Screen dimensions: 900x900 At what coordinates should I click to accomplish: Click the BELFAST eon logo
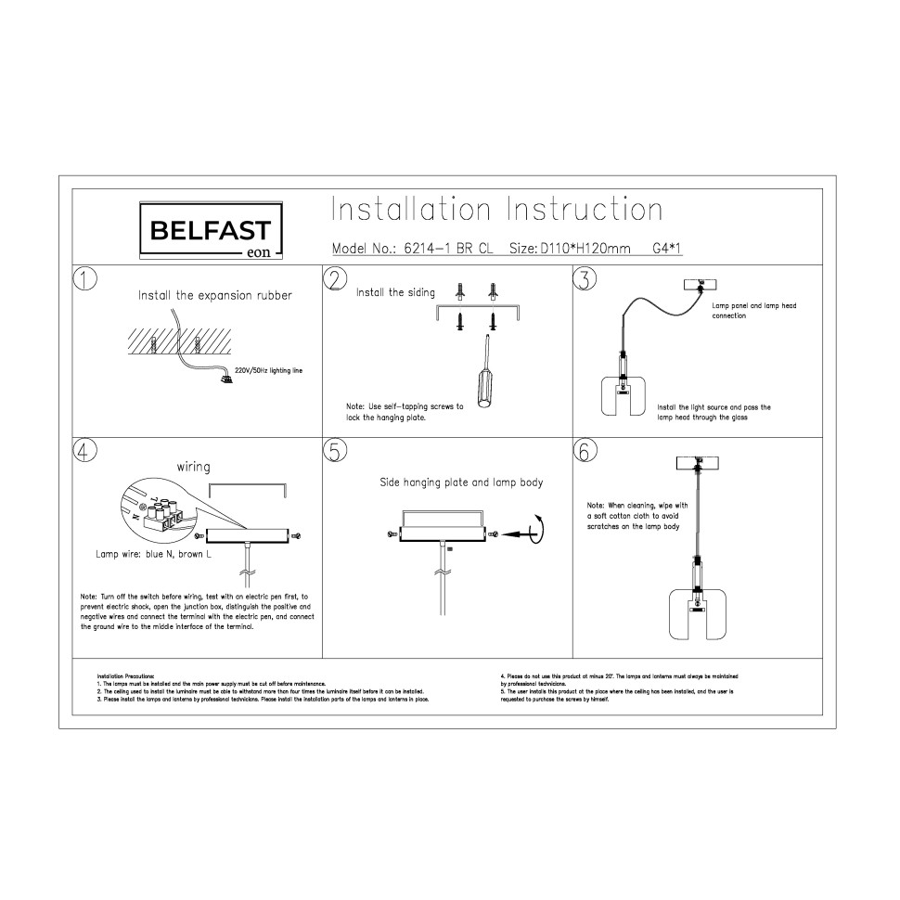click(x=211, y=230)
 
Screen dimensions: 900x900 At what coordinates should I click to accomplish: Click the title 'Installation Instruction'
click(x=496, y=210)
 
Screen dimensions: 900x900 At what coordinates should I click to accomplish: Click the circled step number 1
click(x=85, y=279)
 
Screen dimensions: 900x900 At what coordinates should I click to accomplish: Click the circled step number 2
click(x=336, y=279)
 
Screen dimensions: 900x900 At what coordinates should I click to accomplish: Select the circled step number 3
click(x=585, y=279)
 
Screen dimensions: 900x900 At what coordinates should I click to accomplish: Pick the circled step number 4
click(x=85, y=451)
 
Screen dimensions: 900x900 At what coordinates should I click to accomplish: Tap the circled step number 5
click(x=336, y=451)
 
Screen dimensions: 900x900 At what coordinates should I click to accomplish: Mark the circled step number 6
click(x=585, y=451)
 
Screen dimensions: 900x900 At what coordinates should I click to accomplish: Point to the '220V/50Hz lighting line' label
click(x=268, y=370)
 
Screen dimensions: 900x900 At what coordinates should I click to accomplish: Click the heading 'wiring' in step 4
click(x=193, y=467)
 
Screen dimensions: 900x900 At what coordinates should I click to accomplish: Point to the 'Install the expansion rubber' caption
click(x=215, y=296)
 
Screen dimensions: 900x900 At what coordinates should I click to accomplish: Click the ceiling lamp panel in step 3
click(x=701, y=285)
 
